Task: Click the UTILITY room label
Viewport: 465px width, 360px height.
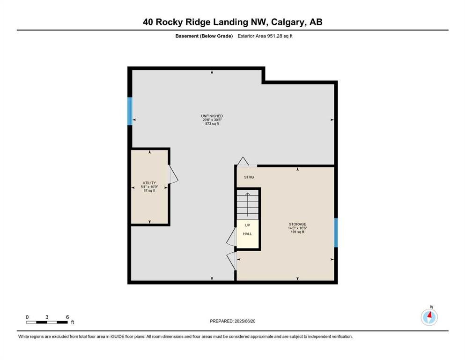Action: tap(149, 183)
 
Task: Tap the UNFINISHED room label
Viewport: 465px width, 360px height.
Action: tap(212, 116)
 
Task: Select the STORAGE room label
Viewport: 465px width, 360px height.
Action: tap(297, 224)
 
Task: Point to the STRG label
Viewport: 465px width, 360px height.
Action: tap(249, 177)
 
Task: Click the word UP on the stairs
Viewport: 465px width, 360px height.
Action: tap(247, 225)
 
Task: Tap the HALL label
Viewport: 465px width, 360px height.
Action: tap(247, 234)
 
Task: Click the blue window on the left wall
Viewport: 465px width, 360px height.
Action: tap(130, 111)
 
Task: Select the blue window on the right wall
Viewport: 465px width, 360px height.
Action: tap(336, 232)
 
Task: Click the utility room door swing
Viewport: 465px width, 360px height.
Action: tap(173, 174)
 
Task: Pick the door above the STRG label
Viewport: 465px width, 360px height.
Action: tap(243, 161)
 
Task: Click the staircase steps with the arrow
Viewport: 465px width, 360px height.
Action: tap(248, 205)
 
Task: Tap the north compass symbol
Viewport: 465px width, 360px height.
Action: tap(429, 317)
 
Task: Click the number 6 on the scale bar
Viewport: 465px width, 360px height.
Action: tap(67, 317)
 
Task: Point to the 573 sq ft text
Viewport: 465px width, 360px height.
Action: tap(212, 124)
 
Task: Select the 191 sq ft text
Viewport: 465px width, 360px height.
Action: tap(297, 232)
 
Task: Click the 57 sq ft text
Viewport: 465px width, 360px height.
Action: tap(149, 190)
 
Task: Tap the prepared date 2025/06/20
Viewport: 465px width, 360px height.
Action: tap(245, 321)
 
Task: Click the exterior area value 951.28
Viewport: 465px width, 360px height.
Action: tap(274, 36)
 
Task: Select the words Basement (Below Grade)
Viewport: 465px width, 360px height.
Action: tap(204, 36)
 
